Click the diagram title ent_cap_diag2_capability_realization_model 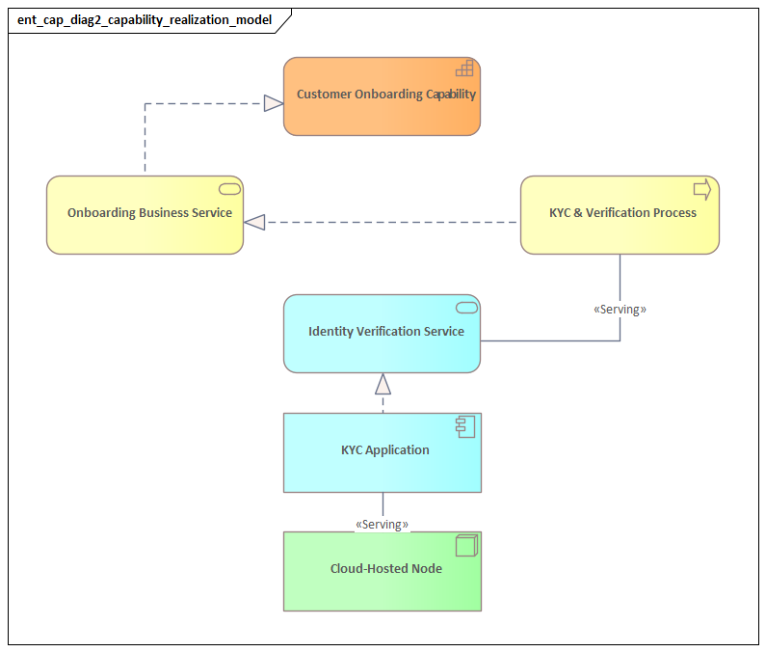pos(145,19)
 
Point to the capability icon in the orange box pos(464,68)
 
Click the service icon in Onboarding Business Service pos(229,188)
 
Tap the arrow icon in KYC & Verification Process pos(702,189)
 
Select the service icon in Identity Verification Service pos(466,307)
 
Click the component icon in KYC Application pos(466,426)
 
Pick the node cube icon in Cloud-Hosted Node pos(466,546)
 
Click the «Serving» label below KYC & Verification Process pos(620,310)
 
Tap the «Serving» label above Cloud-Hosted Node pos(382,525)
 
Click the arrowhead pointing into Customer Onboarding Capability pos(274,103)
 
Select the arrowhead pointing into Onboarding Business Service pos(254,223)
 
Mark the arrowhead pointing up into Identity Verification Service pos(383,385)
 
